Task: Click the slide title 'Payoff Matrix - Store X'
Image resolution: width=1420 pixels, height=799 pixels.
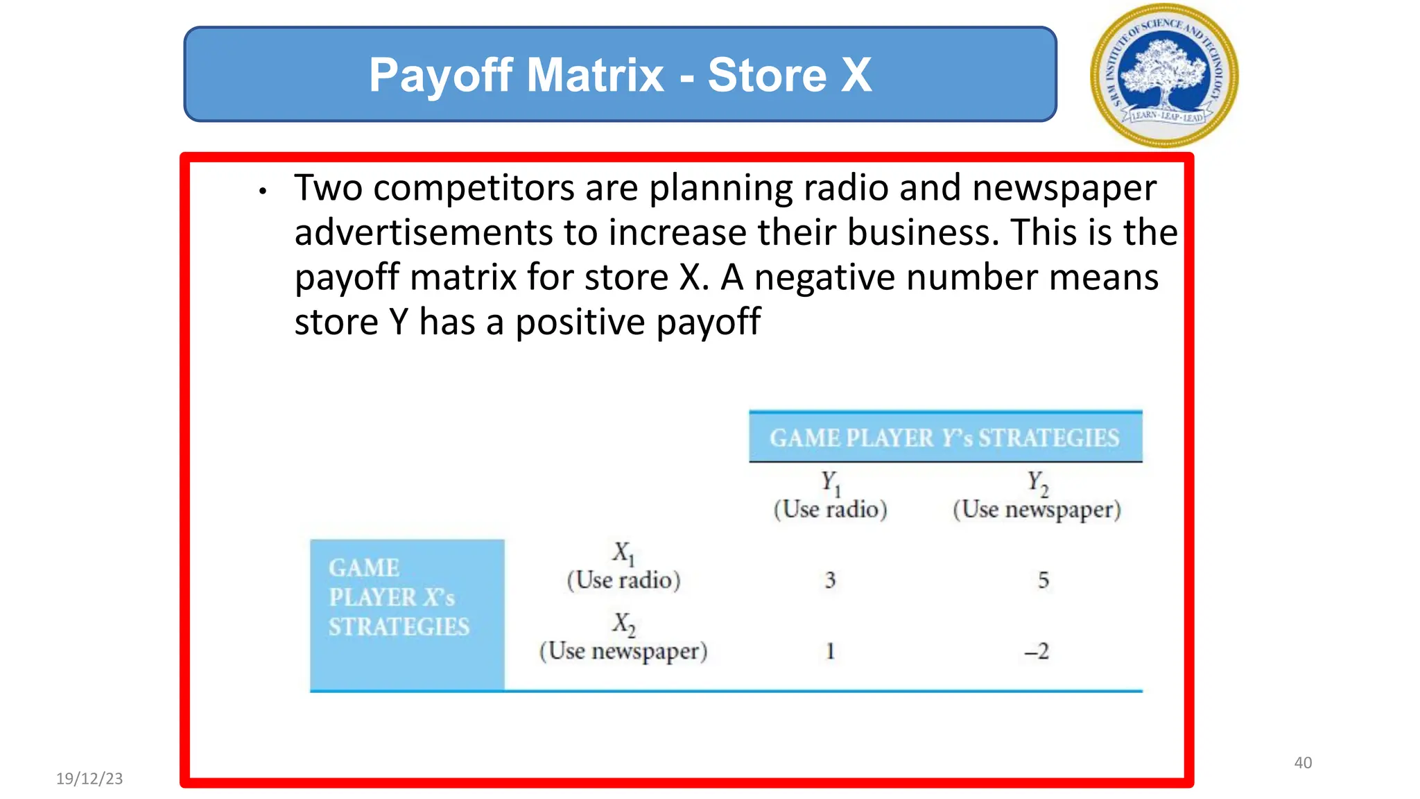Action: click(x=620, y=75)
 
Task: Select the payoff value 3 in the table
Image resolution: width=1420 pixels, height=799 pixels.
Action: click(x=830, y=580)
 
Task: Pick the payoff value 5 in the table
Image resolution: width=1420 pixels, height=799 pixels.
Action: click(x=1043, y=580)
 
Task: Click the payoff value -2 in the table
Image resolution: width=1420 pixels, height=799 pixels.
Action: click(x=1037, y=651)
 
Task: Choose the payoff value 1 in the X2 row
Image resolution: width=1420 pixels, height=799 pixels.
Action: click(x=830, y=651)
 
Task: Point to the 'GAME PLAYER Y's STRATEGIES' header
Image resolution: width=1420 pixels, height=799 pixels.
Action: click(x=944, y=438)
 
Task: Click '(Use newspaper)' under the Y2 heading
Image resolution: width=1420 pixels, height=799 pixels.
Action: click(x=1037, y=510)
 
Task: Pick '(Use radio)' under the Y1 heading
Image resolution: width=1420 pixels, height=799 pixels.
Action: click(x=830, y=510)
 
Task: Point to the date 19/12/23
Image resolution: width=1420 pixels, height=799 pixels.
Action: click(x=89, y=778)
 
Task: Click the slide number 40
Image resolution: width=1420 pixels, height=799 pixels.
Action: click(x=1303, y=763)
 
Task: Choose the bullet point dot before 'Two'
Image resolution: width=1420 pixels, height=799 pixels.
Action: click(x=262, y=191)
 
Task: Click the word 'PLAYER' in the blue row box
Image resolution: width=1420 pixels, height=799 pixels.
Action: click(x=372, y=597)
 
